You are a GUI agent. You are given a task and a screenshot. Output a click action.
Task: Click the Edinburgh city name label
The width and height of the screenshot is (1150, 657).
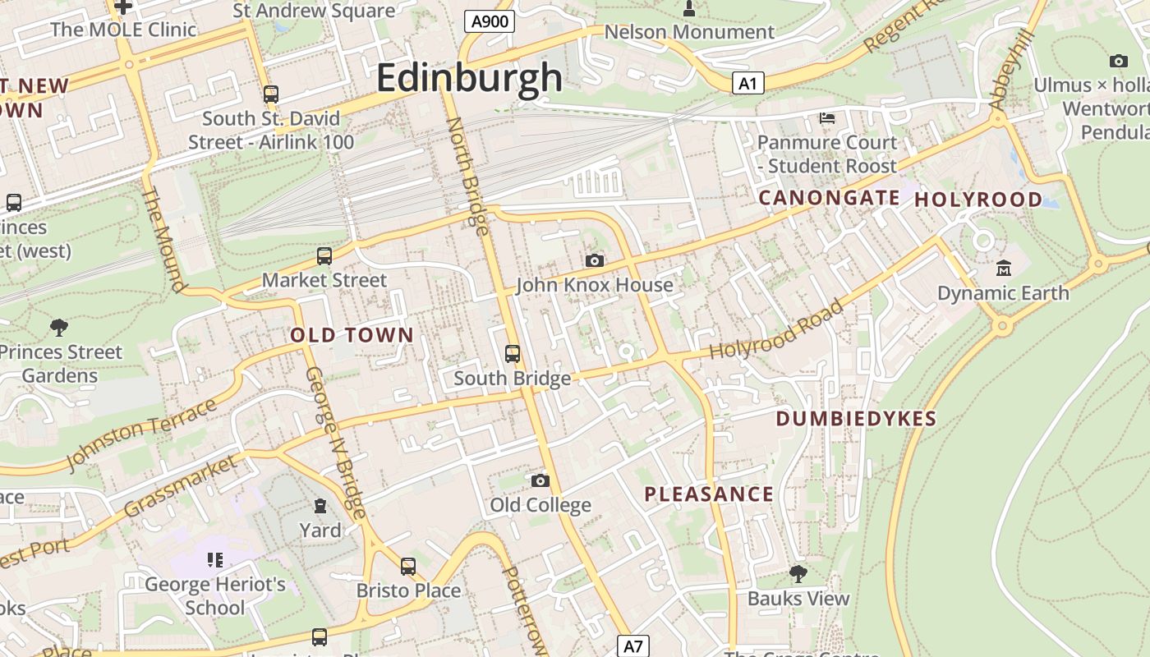[x=469, y=79]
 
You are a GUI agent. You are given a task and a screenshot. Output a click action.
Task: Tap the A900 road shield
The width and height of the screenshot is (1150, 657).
[x=490, y=21]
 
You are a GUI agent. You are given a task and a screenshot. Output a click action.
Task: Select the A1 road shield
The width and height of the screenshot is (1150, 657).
[x=747, y=83]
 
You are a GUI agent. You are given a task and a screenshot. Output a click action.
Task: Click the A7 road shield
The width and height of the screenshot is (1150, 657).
[x=632, y=646]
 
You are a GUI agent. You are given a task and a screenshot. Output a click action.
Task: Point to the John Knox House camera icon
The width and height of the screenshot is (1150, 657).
[x=595, y=260]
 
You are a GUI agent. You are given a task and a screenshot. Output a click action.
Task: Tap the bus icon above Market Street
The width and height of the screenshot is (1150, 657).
[x=324, y=256]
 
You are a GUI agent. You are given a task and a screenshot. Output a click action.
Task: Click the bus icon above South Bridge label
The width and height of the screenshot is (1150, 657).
[x=513, y=354]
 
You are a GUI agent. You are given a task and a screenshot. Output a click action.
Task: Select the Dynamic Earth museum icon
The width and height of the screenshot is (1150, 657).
[x=1003, y=269]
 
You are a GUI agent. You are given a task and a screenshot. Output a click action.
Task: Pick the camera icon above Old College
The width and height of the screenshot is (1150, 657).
[x=540, y=480]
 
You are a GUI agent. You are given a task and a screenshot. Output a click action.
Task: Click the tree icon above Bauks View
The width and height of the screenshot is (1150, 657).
[x=798, y=573]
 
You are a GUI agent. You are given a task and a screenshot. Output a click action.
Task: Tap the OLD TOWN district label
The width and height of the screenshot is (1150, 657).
[x=352, y=335]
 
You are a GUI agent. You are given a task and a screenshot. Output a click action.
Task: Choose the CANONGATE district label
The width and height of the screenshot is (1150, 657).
[x=829, y=198]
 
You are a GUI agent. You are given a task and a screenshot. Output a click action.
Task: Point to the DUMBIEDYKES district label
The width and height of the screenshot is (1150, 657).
[x=856, y=419]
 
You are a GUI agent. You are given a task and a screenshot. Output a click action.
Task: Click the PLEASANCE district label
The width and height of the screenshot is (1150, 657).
[x=709, y=494]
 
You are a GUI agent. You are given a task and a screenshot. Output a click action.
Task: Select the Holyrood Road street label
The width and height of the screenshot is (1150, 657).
[x=776, y=329]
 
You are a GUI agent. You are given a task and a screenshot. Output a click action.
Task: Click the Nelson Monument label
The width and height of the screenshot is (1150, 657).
[x=689, y=32]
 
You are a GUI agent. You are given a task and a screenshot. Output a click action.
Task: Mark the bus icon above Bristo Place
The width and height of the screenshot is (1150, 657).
[x=408, y=566]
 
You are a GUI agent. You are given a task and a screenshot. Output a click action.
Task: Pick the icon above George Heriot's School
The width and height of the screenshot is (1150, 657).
[x=215, y=560]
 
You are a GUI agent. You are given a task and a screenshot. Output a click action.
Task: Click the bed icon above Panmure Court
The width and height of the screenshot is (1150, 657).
[x=827, y=118]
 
